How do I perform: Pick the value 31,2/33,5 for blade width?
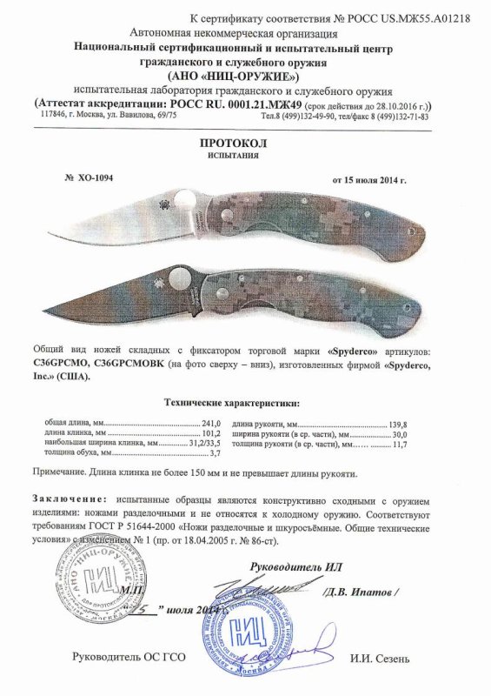[204, 444]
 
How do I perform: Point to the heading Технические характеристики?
[232, 403]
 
